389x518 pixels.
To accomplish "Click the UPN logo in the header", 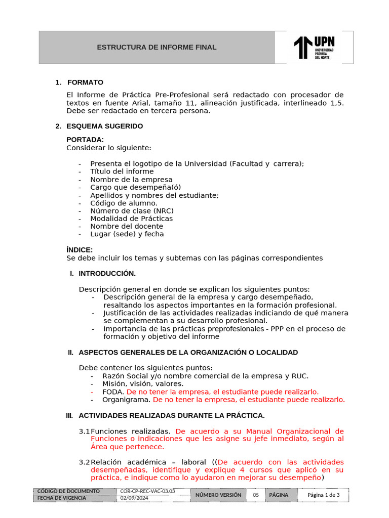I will [314, 48].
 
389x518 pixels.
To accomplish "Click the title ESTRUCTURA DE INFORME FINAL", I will [157, 47].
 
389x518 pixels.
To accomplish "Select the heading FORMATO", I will [85, 82].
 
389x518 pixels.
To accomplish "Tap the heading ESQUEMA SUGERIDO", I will [104, 126].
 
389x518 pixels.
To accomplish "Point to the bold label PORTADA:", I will [85, 140].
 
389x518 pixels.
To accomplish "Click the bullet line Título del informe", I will [122, 171].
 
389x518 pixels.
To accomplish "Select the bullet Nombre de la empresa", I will [131, 180].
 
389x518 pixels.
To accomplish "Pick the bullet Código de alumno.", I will [124, 203].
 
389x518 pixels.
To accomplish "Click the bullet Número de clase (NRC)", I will [132, 211].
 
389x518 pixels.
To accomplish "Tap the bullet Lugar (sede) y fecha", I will [127, 234].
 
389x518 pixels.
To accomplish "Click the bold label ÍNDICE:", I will [80, 250].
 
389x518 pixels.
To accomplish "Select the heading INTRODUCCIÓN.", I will [107, 274].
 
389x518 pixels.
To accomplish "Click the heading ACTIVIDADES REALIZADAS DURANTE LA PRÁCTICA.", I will [171, 416].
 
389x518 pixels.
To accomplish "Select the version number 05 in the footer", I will [256, 495].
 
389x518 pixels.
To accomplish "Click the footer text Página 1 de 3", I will [324, 495].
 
